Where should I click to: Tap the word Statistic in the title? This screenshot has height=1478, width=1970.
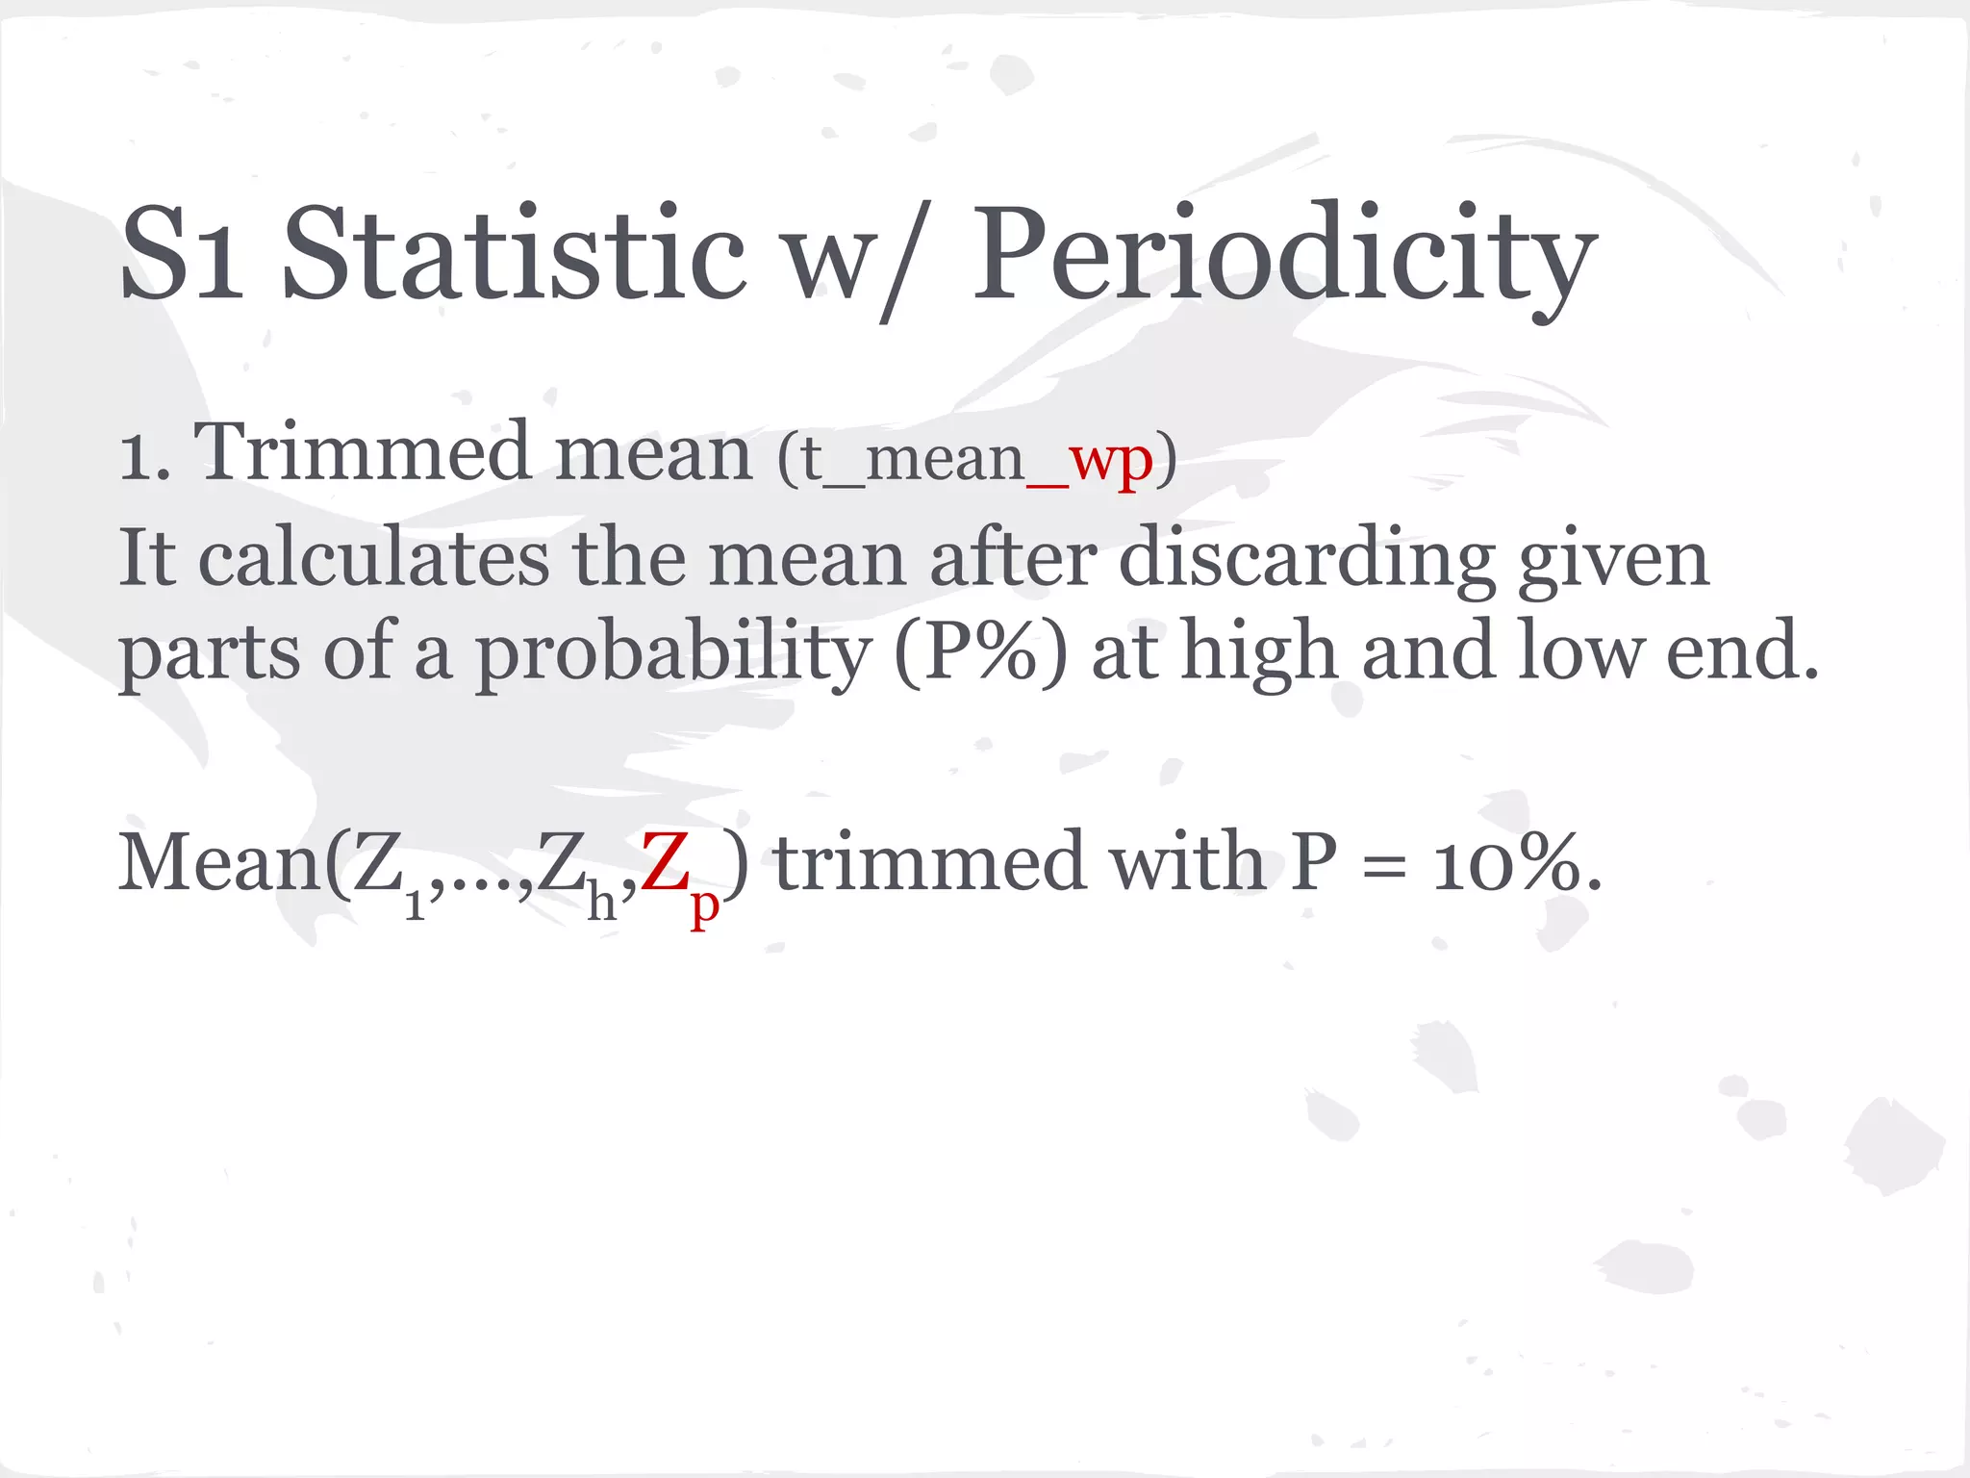(514, 255)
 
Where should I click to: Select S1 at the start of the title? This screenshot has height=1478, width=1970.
(183, 255)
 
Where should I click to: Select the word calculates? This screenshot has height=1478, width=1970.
(374, 558)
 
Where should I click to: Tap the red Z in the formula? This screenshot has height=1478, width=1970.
(665, 862)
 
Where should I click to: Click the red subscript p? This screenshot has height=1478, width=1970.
(705, 905)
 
